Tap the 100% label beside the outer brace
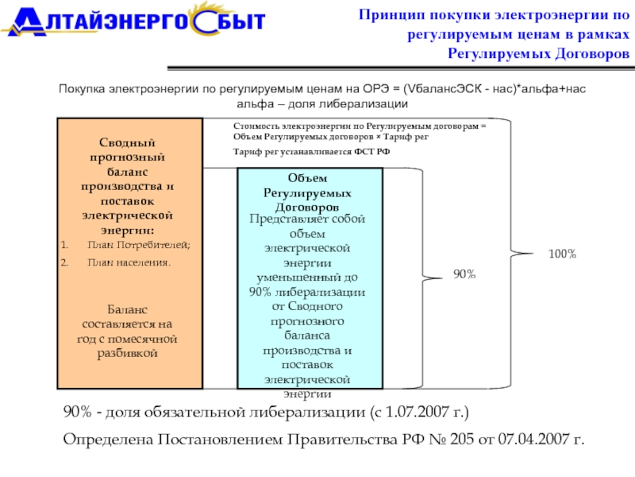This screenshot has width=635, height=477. tap(562, 254)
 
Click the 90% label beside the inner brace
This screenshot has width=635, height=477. tap(464, 273)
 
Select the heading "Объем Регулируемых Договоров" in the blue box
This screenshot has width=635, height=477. tap(309, 193)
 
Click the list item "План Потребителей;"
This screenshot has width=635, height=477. tap(139, 244)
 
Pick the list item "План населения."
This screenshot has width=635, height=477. tap(129, 261)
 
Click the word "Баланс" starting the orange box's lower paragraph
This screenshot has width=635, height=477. tap(127, 309)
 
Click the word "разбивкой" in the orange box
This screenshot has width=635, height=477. tap(127, 352)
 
